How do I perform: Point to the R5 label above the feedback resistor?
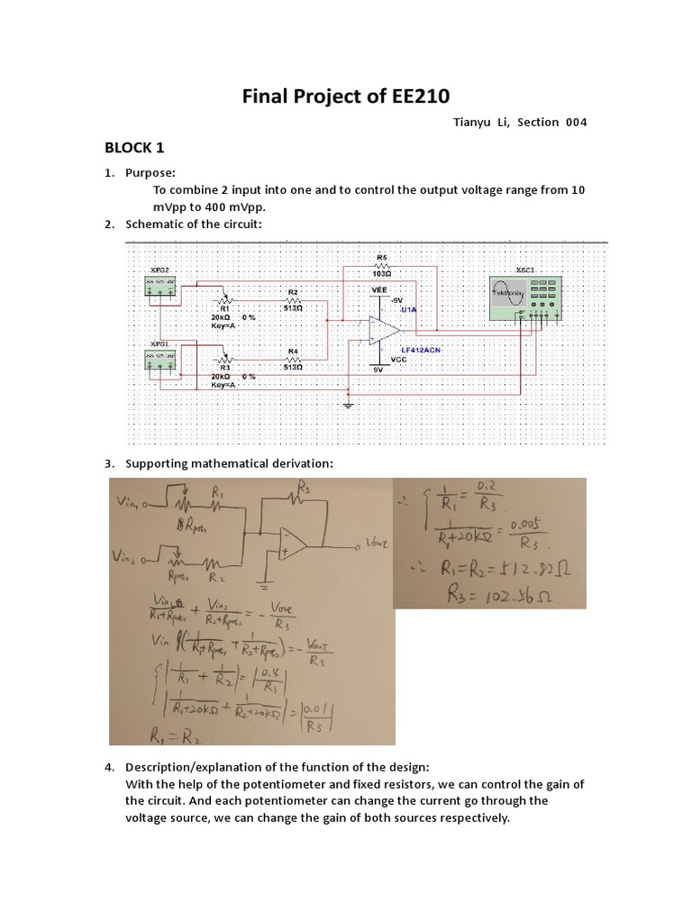[x=382, y=258]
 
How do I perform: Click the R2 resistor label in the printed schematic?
[x=292, y=292]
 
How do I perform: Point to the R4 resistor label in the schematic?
[x=292, y=351]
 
